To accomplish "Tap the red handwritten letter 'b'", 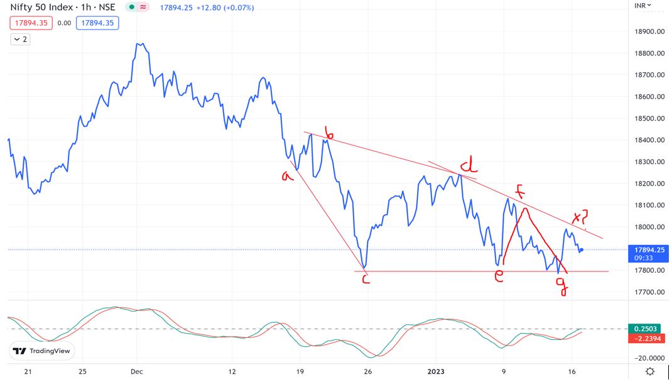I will pyautogui.click(x=329, y=133).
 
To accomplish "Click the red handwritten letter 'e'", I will pyautogui.click(x=499, y=276).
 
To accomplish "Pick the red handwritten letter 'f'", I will pyautogui.click(x=519, y=190).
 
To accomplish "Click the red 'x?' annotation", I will pyautogui.click(x=580, y=217).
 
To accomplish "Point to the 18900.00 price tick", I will pyautogui.click(x=651, y=31).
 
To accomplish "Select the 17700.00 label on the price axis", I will pyautogui.click(x=651, y=292).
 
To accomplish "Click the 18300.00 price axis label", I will pyautogui.click(x=651, y=162).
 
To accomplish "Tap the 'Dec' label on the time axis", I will pyautogui.click(x=137, y=371).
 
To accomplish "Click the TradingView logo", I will pyautogui.click(x=42, y=351).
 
